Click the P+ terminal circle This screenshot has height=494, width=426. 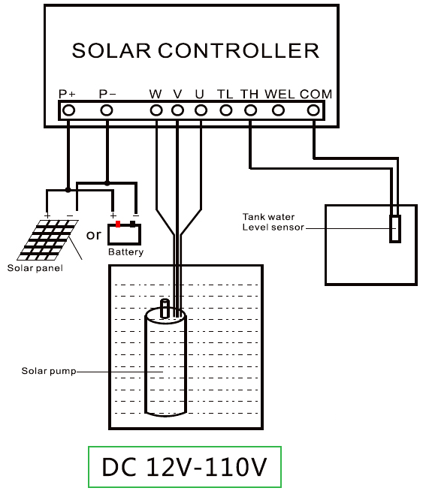tap(68, 110)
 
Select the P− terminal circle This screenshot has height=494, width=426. tap(107, 110)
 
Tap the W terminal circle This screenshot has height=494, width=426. tap(156, 110)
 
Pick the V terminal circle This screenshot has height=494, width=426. tap(177, 110)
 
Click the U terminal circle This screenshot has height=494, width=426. tap(200, 110)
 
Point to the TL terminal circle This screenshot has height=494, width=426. tap(225, 110)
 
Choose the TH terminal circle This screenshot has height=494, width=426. tap(250, 110)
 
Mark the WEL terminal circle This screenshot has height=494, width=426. tap(278, 110)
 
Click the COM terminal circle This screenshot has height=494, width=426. tap(315, 110)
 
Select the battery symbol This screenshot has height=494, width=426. tap(125, 233)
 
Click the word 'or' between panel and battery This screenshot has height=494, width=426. tap(93, 235)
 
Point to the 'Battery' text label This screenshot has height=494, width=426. tap(125, 252)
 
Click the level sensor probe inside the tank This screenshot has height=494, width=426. tap(395, 228)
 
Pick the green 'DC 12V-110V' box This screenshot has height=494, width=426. tap(184, 468)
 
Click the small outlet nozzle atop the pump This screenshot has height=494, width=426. tap(166, 308)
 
